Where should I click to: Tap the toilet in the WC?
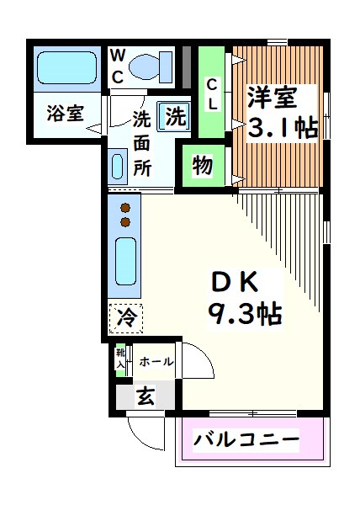pyautogui.click(x=152, y=65)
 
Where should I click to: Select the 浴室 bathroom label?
pyautogui.click(x=64, y=113)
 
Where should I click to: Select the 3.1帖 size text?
pyautogui.click(x=282, y=129)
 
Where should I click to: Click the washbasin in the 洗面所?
pyautogui.click(x=117, y=165)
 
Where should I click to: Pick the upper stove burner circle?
pyautogui.click(x=125, y=207)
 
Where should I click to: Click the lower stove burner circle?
pyautogui.click(x=125, y=221)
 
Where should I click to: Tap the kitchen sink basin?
pyautogui.click(x=124, y=263)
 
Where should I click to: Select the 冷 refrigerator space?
pyautogui.click(x=125, y=318)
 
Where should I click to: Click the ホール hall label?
pyautogui.click(x=156, y=362)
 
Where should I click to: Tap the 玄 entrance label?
pyautogui.click(x=146, y=397)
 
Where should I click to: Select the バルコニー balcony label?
pyautogui.click(x=246, y=439)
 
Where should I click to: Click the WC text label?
pyautogui.click(x=118, y=66)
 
